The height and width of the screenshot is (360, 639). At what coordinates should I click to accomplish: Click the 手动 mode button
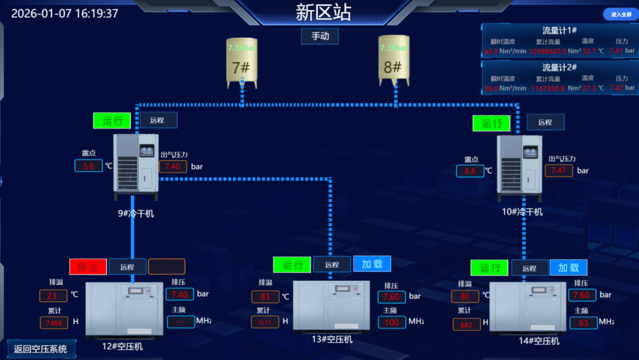pyautogui.click(x=319, y=36)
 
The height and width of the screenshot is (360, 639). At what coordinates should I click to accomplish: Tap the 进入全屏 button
pyautogui.click(x=621, y=14)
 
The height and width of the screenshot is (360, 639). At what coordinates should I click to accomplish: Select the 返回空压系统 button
pyautogui.click(x=41, y=349)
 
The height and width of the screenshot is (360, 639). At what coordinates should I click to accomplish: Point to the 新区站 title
pyautogui.click(x=323, y=12)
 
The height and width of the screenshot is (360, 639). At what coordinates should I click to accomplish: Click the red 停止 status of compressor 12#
pyautogui.click(x=88, y=267)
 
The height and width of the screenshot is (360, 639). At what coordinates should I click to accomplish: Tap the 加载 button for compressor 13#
pyautogui.click(x=372, y=264)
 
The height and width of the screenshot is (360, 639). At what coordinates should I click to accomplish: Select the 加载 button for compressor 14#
pyautogui.click(x=568, y=268)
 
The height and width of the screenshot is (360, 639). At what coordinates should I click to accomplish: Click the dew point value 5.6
pyautogui.click(x=89, y=166)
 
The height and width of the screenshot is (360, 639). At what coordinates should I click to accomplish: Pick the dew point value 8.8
pyautogui.click(x=470, y=171)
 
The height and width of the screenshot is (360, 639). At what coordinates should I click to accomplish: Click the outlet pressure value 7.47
pyautogui.click(x=559, y=171)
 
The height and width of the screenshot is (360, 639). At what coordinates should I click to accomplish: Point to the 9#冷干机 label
pyautogui.click(x=135, y=213)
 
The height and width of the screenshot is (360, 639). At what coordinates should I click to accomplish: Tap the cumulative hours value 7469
pyautogui.click(x=54, y=323)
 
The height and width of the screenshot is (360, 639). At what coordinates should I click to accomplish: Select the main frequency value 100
pyautogui.click(x=392, y=323)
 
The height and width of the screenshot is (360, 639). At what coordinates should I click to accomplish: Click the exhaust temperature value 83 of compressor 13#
pyautogui.click(x=265, y=297)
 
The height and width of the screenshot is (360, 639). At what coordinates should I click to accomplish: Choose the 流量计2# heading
pyautogui.click(x=559, y=67)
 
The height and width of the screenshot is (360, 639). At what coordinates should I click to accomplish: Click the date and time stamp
pyautogui.click(x=65, y=14)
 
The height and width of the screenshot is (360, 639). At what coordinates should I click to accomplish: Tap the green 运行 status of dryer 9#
pyautogui.click(x=112, y=120)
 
